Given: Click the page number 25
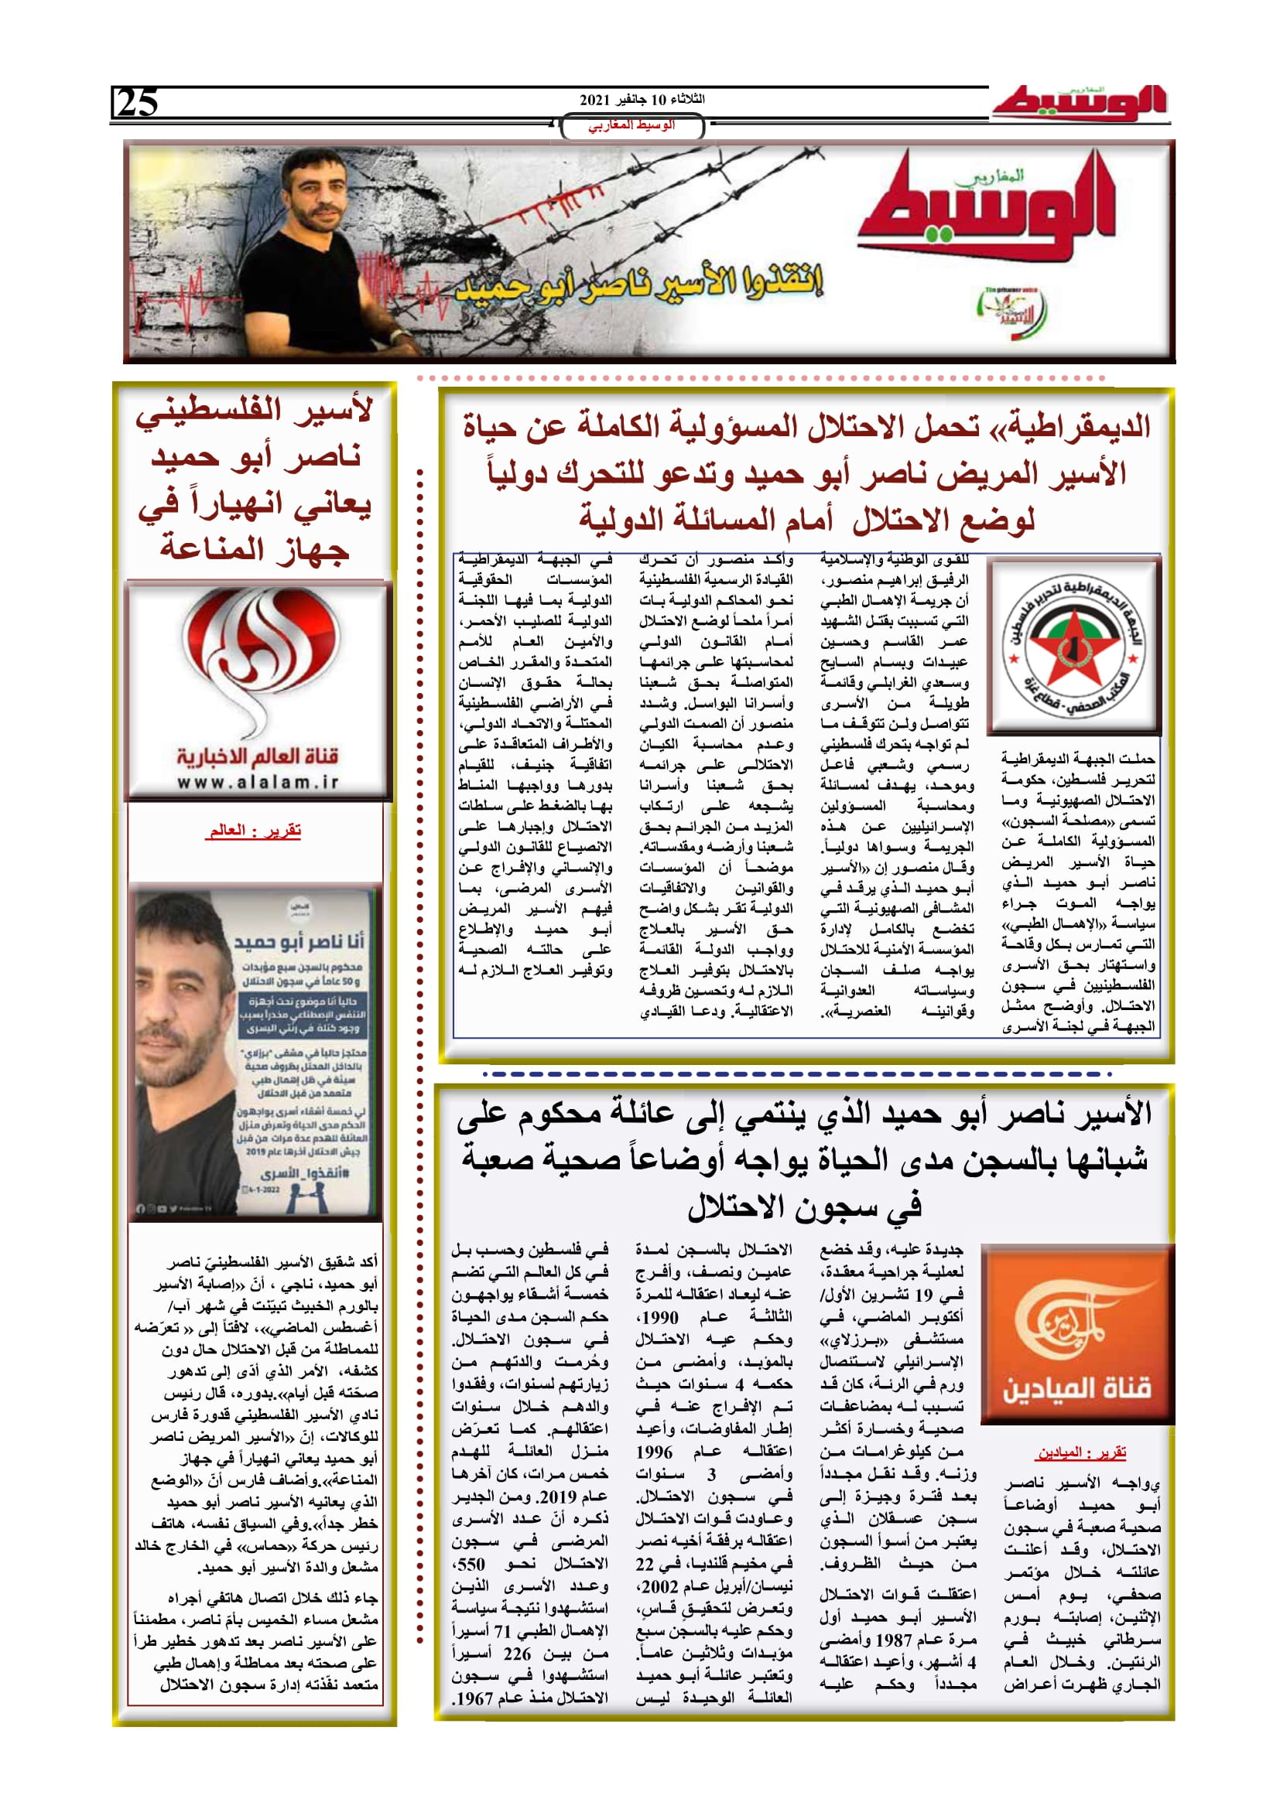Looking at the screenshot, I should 138,103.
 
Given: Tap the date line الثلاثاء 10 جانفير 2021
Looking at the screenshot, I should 642,100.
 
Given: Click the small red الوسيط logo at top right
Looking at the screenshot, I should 1079,103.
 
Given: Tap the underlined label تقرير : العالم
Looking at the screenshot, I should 255,831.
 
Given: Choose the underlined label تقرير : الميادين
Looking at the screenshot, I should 1080,1452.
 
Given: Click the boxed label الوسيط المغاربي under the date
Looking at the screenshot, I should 631,126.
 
